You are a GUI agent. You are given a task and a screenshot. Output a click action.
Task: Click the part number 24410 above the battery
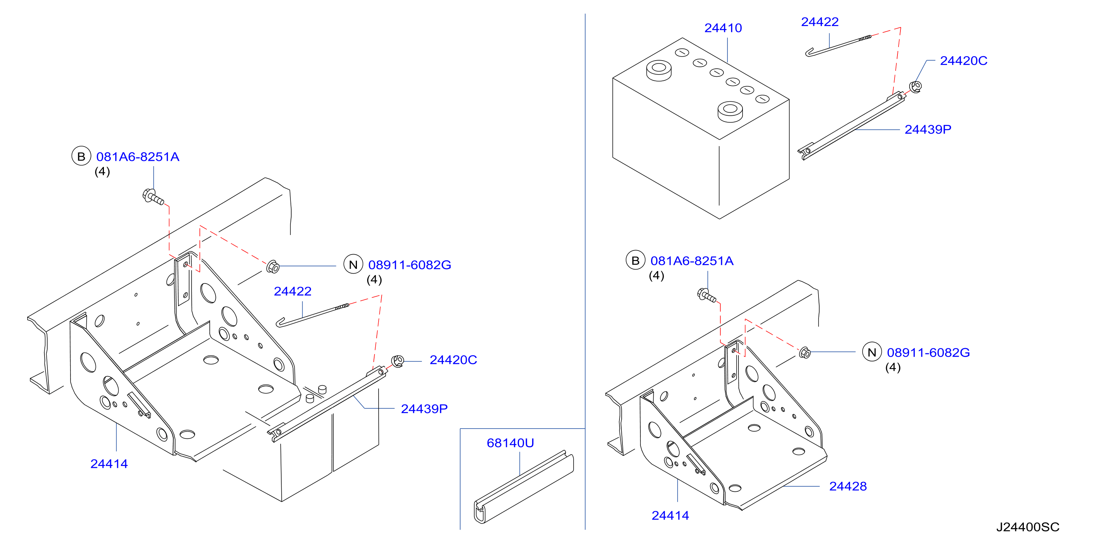[723, 28]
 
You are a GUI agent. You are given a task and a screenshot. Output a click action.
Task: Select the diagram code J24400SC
[1027, 527]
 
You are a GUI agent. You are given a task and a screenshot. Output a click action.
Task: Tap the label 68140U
[510, 443]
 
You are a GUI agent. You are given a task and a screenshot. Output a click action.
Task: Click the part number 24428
[848, 486]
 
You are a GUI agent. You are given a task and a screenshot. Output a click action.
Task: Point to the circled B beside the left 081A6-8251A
[81, 156]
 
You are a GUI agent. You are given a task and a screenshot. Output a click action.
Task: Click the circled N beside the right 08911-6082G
[872, 353]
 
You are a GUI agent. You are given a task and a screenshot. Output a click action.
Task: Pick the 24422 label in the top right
[820, 22]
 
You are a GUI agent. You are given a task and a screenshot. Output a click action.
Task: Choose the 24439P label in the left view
[424, 409]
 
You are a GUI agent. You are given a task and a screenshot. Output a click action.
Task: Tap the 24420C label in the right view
[964, 61]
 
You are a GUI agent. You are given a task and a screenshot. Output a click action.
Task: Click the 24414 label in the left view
[109, 464]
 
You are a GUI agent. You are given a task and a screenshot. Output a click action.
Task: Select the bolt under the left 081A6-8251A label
[153, 197]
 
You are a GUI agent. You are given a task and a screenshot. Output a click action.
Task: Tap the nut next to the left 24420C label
[398, 361]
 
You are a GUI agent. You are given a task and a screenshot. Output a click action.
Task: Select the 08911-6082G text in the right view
[928, 353]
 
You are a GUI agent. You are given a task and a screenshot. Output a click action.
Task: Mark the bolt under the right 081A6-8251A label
[706, 295]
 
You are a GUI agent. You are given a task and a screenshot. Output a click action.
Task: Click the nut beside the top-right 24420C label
[915, 87]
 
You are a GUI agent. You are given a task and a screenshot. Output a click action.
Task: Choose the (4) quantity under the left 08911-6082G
[374, 280]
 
